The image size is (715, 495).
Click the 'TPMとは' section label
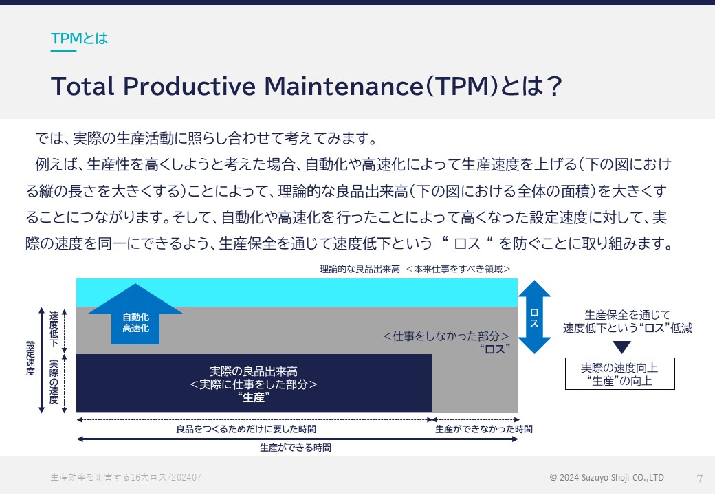pos(79,38)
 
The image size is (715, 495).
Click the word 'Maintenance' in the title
pos(344,86)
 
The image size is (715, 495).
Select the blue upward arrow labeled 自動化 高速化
pos(135,313)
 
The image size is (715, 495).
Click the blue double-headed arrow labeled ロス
pos(534,317)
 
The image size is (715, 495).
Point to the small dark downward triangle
pos(621,347)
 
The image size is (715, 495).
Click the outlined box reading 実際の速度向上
pos(619,374)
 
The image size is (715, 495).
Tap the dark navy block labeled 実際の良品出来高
pos(254,384)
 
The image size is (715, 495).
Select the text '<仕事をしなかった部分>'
pos(446,336)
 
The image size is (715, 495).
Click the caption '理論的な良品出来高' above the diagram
pos(360,269)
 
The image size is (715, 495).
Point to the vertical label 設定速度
pos(30,358)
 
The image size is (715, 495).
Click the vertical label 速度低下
pos(54,329)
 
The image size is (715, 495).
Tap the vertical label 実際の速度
pos(54,382)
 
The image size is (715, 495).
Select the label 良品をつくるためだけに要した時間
pos(246,429)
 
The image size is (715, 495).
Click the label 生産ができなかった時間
pos(484,429)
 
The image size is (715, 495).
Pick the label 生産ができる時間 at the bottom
pos(296,448)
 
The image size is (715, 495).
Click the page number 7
pos(700,478)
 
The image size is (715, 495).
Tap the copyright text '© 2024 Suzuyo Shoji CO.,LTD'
pos(606,477)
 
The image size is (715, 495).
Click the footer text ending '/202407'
pos(126,477)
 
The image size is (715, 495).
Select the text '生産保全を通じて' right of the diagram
pos(628,315)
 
